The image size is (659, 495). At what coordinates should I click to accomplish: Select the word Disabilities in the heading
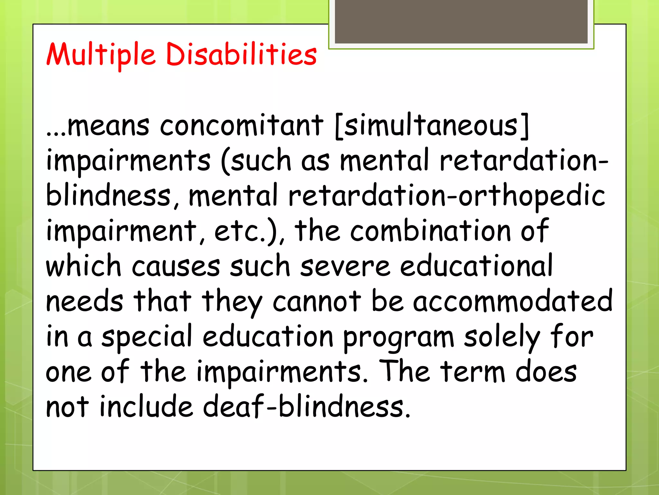click(x=241, y=54)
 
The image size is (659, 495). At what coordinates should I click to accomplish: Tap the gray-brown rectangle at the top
click(x=461, y=22)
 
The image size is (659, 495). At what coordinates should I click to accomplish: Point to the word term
click(x=473, y=372)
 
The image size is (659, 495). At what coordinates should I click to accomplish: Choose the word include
click(x=146, y=407)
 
